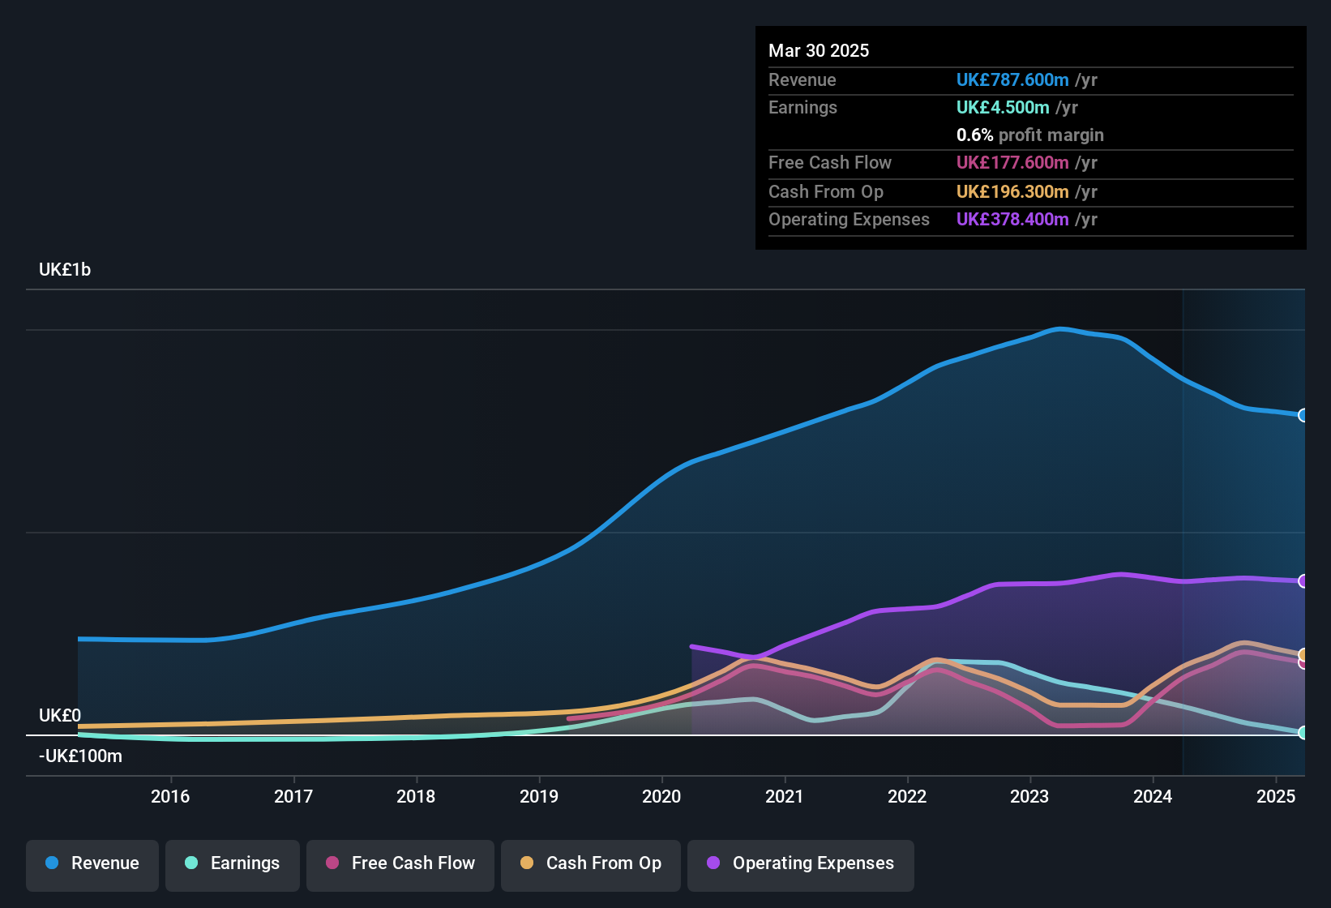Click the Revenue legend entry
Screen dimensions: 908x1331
pyautogui.click(x=92, y=863)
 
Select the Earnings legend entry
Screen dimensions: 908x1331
pyautogui.click(x=233, y=863)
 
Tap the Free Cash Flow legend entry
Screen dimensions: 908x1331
pyautogui.click(x=400, y=863)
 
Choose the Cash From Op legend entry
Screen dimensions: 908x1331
pyautogui.click(x=591, y=863)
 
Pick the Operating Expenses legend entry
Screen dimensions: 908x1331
pyautogui.click(x=801, y=863)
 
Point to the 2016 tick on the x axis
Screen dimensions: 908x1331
pyautogui.click(x=170, y=796)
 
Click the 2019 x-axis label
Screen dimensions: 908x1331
pyautogui.click(x=539, y=796)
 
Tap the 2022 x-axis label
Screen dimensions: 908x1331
pyautogui.click(x=907, y=796)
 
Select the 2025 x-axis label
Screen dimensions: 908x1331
pyautogui.click(x=1276, y=796)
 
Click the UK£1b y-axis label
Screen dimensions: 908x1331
pyautogui.click(x=65, y=270)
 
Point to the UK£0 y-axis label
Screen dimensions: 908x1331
pyautogui.click(x=60, y=716)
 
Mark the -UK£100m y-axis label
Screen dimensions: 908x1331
pyautogui.click(x=80, y=756)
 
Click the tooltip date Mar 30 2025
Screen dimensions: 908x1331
pyautogui.click(x=819, y=51)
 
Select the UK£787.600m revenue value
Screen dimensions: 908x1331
pyautogui.click(x=1012, y=80)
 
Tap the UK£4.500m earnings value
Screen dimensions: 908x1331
pyautogui.click(x=1003, y=108)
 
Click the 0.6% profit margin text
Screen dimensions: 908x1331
pyautogui.click(x=1029, y=135)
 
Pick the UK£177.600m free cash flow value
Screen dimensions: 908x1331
pyautogui.click(x=1012, y=163)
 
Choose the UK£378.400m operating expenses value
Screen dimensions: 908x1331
pyautogui.click(x=1012, y=220)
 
